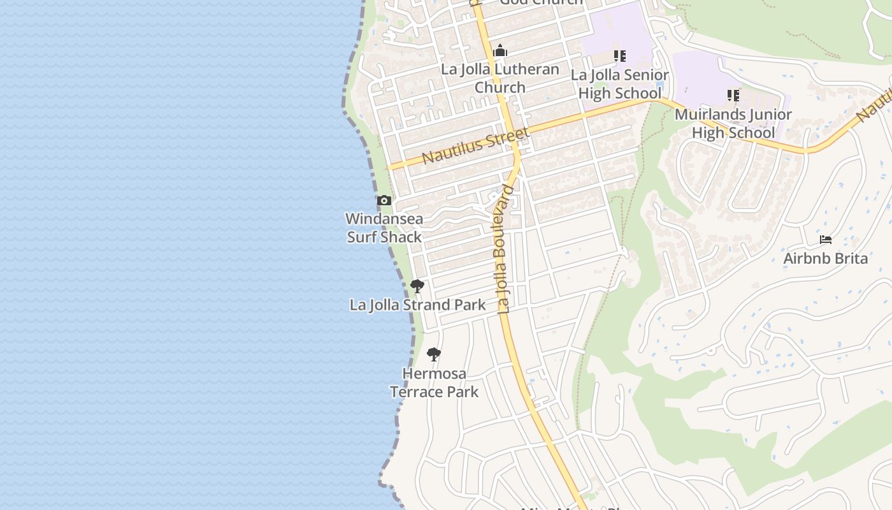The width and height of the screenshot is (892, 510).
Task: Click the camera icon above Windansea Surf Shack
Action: pos(384,201)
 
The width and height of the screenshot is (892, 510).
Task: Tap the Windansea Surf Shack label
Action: pos(384,228)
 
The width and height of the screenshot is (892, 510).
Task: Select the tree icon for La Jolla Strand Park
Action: pos(417,286)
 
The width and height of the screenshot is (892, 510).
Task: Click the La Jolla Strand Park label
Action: pos(417,305)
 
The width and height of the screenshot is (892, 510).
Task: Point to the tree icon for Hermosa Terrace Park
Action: pos(434,354)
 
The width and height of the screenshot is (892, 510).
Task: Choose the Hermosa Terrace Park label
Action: pos(434,382)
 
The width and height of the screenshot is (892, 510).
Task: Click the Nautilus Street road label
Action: pos(475,145)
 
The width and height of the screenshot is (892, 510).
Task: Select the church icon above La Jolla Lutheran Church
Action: pos(500,50)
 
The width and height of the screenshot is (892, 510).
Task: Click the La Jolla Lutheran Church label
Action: pos(500,78)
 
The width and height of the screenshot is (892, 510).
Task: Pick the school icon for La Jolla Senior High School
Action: pos(619,56)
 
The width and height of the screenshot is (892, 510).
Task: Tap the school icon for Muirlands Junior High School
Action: pos(733,96)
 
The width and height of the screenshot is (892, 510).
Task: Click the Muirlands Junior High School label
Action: pos(733,124)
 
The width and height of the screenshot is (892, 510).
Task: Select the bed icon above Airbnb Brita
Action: pos(826,240)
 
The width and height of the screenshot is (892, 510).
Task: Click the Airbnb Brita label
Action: pos(825,258)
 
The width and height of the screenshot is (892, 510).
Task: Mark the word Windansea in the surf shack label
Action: pos(384,219)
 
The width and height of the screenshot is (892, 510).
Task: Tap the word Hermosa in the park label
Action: pos(434,374)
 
